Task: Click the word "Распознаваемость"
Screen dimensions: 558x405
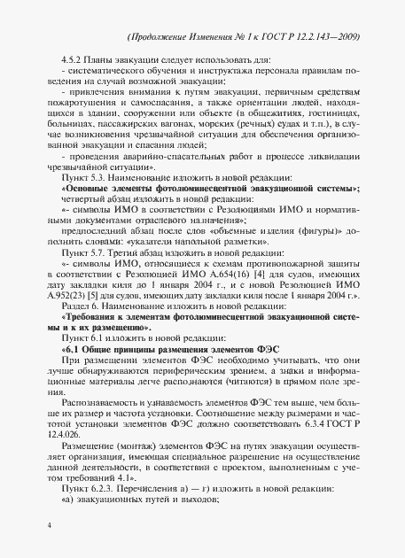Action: [x=104, y=392]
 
